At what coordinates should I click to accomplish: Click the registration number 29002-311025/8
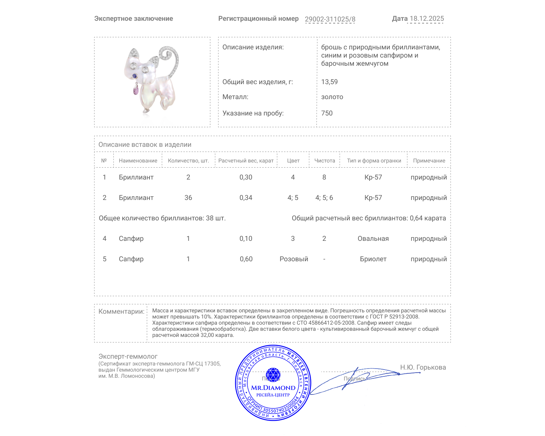click(x=330, y=19)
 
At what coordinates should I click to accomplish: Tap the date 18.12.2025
click(x=427, y=19)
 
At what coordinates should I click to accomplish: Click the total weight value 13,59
click(x=329, y=82)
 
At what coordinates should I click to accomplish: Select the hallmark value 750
click(x=327, y=113)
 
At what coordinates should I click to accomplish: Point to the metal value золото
click(x=332, y=97)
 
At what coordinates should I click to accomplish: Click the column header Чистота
click(x=325, y=161)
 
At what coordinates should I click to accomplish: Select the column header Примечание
click(x=429, y=161)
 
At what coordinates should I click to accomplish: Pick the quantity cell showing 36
click(x=188, y=198)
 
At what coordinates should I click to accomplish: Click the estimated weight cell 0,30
click(x=246, y=177)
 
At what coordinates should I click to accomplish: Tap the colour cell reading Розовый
click(x=294, y=259)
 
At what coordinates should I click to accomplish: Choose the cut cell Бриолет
click(x=373, y=259)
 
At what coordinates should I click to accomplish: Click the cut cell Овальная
click(x=373, y=238)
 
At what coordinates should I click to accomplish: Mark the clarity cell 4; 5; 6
click(x=324, y=198)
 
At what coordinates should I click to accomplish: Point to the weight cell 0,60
click(x=246, y=259)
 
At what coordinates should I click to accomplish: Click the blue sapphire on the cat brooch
click(x=135, y=76)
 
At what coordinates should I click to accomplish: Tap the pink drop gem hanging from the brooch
click(x=136, y=90)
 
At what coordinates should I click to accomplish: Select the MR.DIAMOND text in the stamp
click(x=273, y=388)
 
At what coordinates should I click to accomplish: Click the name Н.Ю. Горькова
click(x=423, y=367)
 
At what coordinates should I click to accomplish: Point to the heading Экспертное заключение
click(x=134, y=19)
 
